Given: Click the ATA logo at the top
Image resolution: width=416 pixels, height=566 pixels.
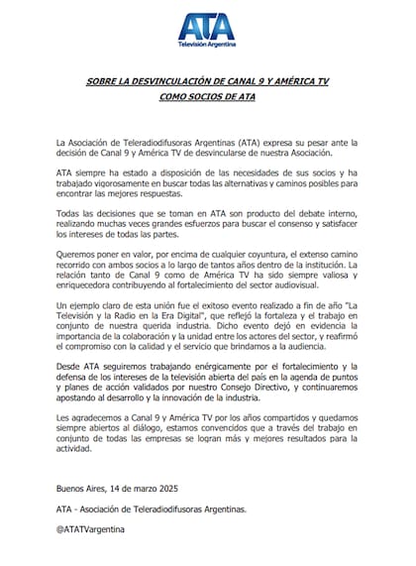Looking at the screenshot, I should (x=208, y=28).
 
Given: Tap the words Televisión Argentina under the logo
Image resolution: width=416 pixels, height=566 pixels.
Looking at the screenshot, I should (x=208, y=47).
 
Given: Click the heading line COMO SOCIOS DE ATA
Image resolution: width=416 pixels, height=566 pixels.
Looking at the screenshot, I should (x=208, y=99).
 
